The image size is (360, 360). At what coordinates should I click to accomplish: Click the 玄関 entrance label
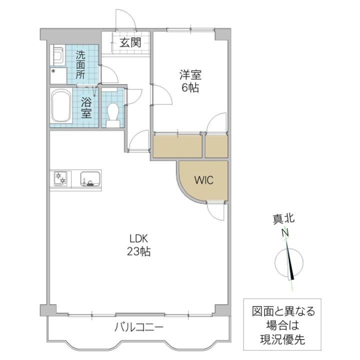(x=130, y=42)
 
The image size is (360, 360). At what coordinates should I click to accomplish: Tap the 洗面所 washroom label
(x=80, y=64)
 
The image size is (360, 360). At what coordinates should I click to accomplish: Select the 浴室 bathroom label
(x=86, y=107)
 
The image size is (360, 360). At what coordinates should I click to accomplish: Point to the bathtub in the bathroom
(x=61, y=106)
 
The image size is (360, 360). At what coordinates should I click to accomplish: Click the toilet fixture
(x=113, y=115)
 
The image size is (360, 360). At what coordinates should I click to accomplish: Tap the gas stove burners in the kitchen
(x=60, y=178)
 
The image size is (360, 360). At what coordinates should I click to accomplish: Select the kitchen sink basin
(x=90, y=178)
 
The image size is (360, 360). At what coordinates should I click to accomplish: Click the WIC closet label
(x=204, y=180)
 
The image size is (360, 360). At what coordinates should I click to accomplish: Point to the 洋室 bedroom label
(x=190, y=75)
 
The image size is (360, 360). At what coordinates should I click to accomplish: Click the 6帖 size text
(x=190, y=87)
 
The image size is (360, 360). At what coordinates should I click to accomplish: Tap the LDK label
(x=139, y=239)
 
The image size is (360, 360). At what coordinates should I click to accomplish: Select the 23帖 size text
(x=139, y=251)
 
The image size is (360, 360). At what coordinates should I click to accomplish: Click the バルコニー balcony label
(x=139, y=327)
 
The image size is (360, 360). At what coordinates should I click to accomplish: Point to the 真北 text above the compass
(x=283, y=218)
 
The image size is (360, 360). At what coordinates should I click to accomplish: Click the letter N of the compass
(x=285, y=233)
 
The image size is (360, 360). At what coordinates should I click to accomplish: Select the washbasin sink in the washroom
(x=58, y=55)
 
